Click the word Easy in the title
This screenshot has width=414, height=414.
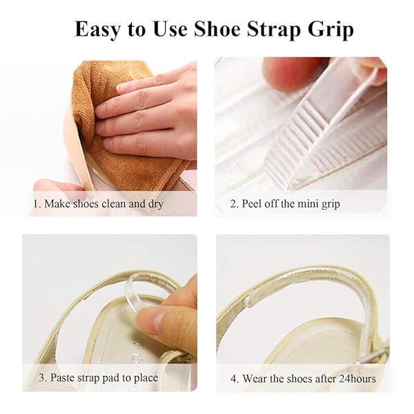pos(97,30)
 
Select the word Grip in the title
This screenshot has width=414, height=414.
pos(331,30)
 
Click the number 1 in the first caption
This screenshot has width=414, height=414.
pos(36,204)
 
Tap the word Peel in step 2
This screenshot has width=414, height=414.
pos(251,204)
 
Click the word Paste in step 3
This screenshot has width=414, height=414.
pos(62,377)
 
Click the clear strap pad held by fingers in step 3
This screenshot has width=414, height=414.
pos(137,290)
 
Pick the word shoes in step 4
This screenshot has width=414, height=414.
pos(300,379)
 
